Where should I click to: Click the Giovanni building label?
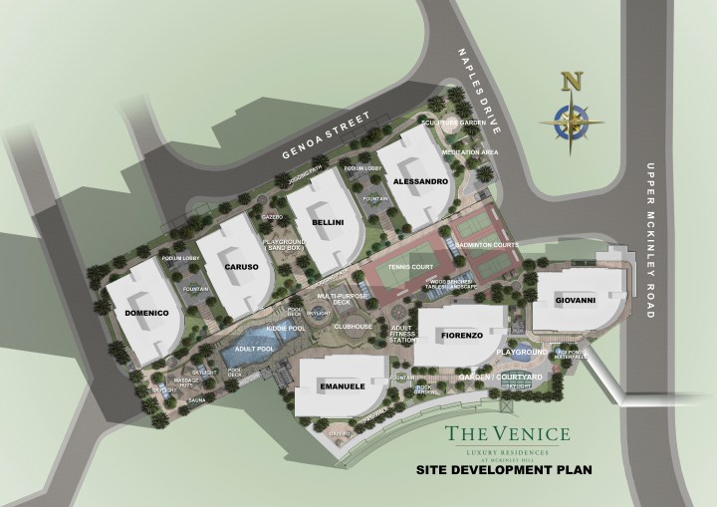tap(575, 300)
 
